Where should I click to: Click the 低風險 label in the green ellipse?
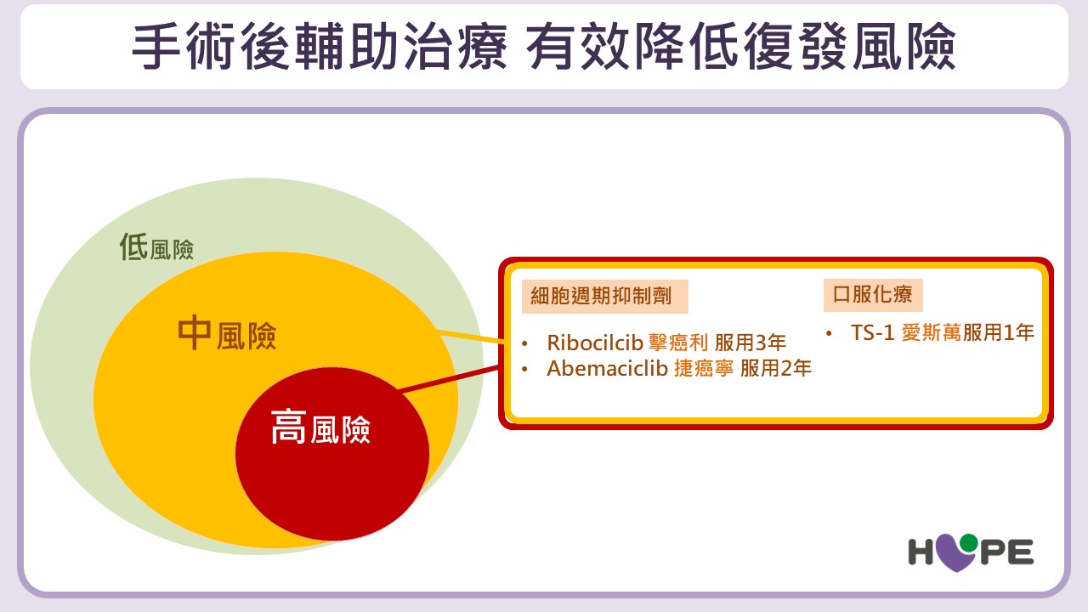pyautogui.click(x=156, y=246)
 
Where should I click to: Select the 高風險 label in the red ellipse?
pyautogui.click(x=320, y=427)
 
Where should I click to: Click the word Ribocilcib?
pyautogui.click(x=594, y=343)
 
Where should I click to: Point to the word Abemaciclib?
pyautogui.click(x=607, y=369)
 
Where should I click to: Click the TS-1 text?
pyautogui.click(x=872, y=332)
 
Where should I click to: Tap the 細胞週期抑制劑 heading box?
pyautogui.click(x=604, y=297)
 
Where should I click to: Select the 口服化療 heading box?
pyautogui.click(x=873, y=295)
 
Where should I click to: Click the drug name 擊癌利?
pyautogui.click(x=678, y=343)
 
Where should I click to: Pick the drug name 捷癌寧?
pyautogui.click(x=704, y=369)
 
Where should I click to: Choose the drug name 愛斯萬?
pyautogui.click(x=931, y=332)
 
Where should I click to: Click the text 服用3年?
pyautogui.click(x=751, y=343)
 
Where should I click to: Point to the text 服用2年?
pyautogui.click(x=776, y=369)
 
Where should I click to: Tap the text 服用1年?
pyautogui.click(x=999, y=332)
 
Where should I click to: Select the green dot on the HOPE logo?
pyautogui.click(x=968, y=543)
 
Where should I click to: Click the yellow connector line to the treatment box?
pyautogui.click(x=471, y=337)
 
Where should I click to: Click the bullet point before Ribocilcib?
pyautogui.click(x=524, y=344)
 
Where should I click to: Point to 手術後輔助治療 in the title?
pyautogui.click(x=320, y=47)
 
